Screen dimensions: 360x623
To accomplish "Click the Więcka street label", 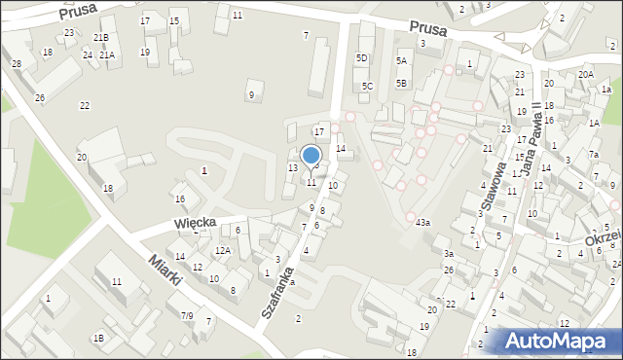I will tap(195, 223).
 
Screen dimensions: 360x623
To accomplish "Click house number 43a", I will tap(422, 223).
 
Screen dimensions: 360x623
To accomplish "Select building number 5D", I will tap(362, 58).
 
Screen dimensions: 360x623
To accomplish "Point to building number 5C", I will tap(367, 86).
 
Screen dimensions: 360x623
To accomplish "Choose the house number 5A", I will tap(401, 60).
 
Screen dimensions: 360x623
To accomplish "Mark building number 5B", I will tap(401, 83).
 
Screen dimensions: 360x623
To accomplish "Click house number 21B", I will tap(100, 37).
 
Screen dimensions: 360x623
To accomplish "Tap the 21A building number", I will tap(106, 55).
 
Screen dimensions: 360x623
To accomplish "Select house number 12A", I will tap(223, 251).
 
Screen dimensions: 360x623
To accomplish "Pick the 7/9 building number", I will tap(187, 315).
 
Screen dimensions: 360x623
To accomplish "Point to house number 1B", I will tap(97, 338).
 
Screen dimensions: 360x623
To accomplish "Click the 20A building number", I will tap(585, 74).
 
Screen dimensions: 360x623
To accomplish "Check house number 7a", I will tap(593, 155).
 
